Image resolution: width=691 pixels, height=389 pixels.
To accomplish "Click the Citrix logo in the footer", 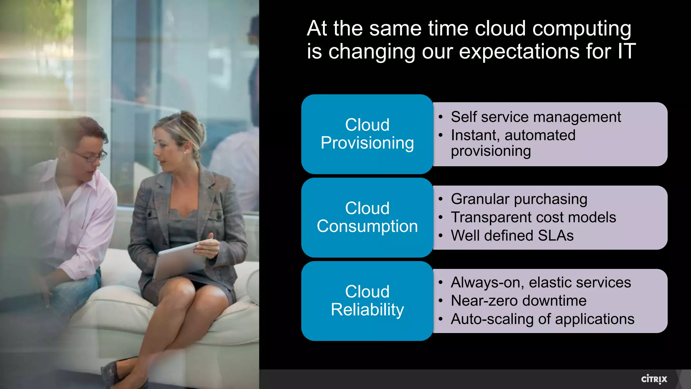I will [x=654, y=379].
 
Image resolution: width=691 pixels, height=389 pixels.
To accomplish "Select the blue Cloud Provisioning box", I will [x=367, y=134].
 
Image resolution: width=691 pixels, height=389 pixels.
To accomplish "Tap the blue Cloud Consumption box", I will [x=367, y=217].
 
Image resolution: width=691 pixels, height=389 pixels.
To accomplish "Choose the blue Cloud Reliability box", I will [x=367, y=301].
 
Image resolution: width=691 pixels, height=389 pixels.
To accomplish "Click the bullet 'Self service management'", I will [x=535, y=117].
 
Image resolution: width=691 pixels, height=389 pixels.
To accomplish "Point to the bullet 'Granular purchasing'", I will [x=519, y=199].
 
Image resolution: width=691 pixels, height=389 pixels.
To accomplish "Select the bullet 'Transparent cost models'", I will [x=533, y=217].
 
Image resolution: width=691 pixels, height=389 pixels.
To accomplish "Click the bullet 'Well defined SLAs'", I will [x=512, y=236].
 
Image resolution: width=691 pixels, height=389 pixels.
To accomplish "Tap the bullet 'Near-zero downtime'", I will [x=519, y=301].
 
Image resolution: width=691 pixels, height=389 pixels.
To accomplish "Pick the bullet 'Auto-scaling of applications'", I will [x=543, y=319].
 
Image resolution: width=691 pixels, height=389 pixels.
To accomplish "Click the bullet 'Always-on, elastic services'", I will [x=541, y=283].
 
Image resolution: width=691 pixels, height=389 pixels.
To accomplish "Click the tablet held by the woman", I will [x=179, y=260].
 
